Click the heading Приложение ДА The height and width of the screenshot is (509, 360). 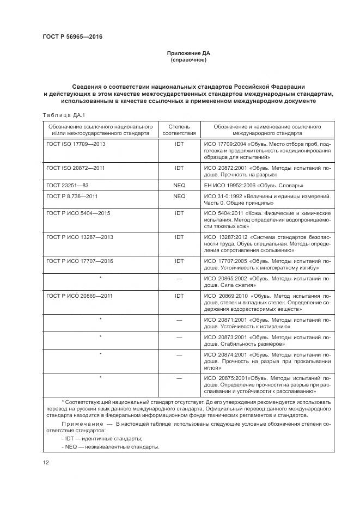188,53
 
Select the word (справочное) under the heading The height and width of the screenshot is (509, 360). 188,60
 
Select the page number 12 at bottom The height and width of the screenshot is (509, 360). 46,462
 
